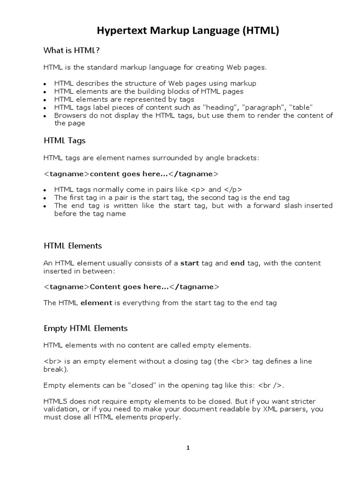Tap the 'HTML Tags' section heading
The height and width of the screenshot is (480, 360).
65,140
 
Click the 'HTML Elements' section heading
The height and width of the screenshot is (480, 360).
73,246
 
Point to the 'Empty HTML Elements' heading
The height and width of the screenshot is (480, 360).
85,328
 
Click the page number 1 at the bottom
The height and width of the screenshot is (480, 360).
188,448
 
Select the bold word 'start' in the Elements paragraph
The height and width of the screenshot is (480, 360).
190,263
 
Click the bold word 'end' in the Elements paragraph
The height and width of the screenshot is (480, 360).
238,263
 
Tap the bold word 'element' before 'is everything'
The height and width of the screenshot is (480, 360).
96,303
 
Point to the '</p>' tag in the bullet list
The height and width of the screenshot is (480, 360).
232,190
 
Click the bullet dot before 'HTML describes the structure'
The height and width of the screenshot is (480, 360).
45,84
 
